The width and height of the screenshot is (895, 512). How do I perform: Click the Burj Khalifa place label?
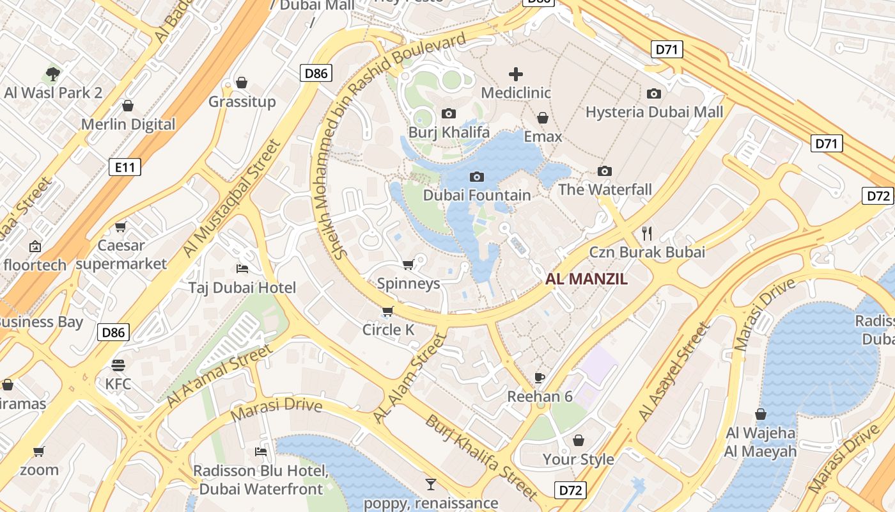click(x=449, y=132)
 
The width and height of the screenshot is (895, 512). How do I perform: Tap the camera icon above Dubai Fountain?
click(x=476, y=177)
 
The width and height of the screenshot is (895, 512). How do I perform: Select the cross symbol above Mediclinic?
click(x=515, y=74)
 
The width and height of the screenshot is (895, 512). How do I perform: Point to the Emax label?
click(x=543, y=136)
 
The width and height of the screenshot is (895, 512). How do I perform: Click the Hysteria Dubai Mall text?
click(x=655, y=112)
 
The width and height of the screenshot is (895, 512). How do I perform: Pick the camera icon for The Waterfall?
click(x=604, y=171)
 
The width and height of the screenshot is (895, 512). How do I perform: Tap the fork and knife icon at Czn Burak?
click(x=647, y=233)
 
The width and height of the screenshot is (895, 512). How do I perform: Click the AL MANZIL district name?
click(x=586, y=279)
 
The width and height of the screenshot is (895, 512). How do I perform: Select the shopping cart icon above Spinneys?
click(x=408, y=264)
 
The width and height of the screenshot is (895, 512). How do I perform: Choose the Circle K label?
click(x=388, y=330)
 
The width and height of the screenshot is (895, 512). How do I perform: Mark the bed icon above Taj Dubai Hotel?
click(x=242, y=268)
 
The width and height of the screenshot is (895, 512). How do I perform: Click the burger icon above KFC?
click(x=118, y=365)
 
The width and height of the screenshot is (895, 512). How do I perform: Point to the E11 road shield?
click(x=125, y=168)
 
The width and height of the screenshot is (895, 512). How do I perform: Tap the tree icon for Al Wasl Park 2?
click(x=53, y=74)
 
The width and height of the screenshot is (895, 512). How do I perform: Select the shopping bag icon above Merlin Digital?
click(x=128, y=106)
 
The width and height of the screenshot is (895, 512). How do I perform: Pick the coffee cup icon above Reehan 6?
click(x=540, y=377)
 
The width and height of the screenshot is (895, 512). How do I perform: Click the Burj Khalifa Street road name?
click(x=481, y=457)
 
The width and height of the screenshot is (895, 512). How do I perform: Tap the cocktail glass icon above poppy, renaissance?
click(x=431, y=484)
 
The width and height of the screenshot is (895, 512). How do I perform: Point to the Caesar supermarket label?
click(x=121, y=254)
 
